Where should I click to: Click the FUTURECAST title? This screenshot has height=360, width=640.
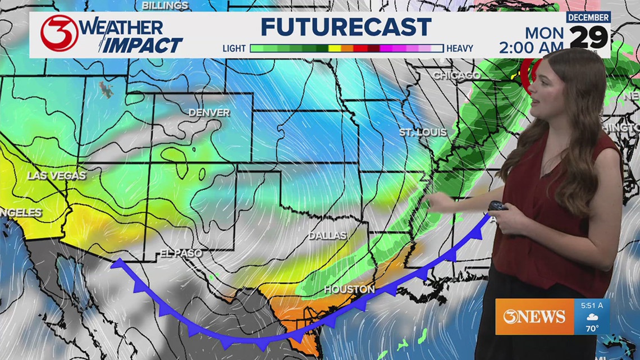[346, 27]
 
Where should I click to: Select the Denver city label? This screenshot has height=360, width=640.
[209, 112]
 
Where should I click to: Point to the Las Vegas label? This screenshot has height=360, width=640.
[56, 176]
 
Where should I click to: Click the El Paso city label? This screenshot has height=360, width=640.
[180, 253]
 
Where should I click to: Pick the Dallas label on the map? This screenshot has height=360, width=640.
[327, 236]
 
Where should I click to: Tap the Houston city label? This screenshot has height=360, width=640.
[349, 289]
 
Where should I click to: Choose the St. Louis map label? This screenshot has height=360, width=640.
[423, 133]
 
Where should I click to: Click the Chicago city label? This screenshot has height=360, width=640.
[456, 75]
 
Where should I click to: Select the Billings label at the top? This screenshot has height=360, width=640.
[164, 6]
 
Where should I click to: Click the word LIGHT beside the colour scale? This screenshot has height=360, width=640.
[234, 49]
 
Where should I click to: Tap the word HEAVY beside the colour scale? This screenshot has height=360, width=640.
[459, 49]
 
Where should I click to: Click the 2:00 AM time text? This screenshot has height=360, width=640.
[531, 48]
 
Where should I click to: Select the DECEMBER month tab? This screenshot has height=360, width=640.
[588, 17]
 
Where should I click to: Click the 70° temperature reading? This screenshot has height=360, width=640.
[592, 328]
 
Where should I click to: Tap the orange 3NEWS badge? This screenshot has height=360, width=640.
[534, 317]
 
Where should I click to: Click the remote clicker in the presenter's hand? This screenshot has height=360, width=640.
[497, 206]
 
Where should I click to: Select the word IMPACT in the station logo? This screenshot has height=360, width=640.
[143, 45]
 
